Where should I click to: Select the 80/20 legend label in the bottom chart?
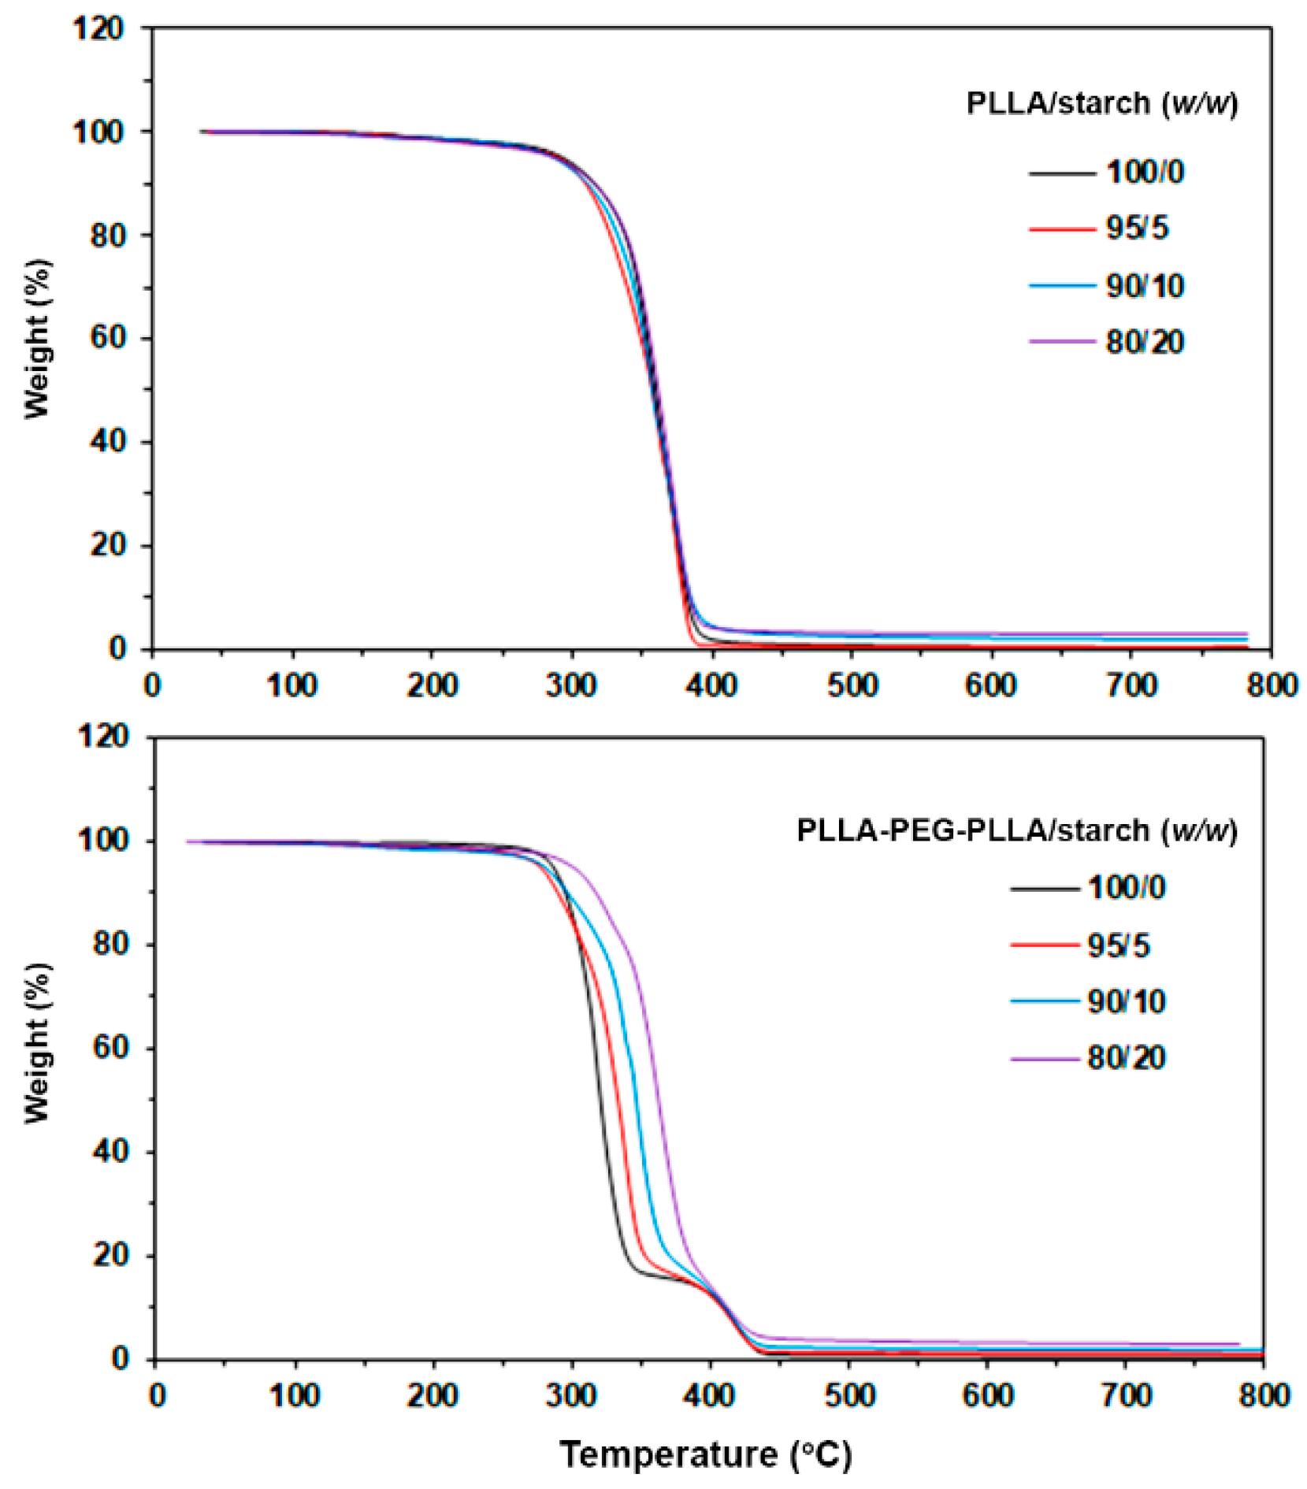[x=1126, y=1058]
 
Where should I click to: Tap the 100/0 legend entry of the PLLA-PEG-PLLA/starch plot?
[x=1126, y=888]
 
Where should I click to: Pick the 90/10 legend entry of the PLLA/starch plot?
[x=1144, y=286]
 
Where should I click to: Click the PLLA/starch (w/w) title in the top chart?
[x=1101, y=103]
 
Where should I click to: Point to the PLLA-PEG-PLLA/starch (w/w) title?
[x=1016, y=830]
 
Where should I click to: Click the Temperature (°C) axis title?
[x=706, y=1454]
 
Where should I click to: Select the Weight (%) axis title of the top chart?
[x=37, y=339]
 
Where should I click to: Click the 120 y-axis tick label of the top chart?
[x=98, y=29]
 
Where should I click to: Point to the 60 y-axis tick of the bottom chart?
[x=110, y=1048]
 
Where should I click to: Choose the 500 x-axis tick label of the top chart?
[x=852, y=686]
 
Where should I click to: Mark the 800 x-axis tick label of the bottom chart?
[x=1264, y=1395]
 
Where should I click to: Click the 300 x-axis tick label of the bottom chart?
[x=571, y=1395]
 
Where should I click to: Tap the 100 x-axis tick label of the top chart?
[x=291, y=686]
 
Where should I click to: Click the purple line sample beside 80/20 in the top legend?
[x=1061, y=342]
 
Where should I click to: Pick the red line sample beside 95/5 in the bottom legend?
[x=1044, y=945]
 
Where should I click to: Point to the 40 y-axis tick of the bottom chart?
[x=110, y=1152]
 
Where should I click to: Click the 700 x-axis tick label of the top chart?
[x=1131, y=686]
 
